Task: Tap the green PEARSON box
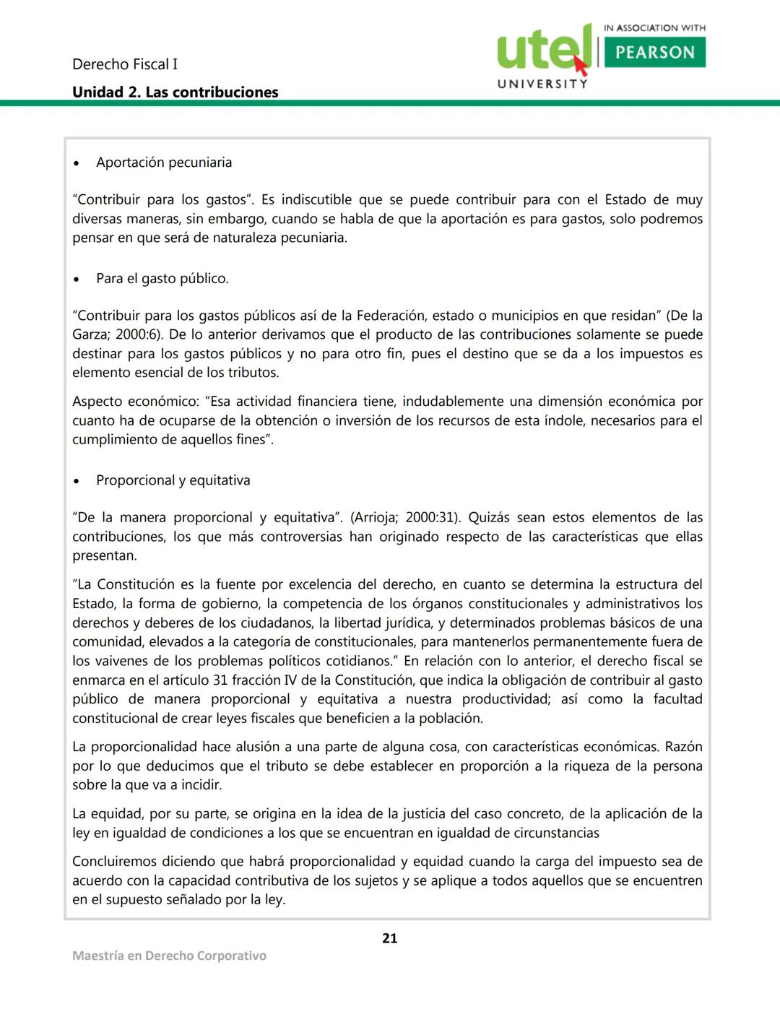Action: pos(654,52)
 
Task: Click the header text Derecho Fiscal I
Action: pos(125,64)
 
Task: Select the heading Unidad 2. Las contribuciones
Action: pos(175,92)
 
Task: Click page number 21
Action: pos(390,938)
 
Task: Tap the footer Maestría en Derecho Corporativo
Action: pos(169,956)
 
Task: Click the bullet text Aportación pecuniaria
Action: pos(164,163)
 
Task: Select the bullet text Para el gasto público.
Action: pos(162,279)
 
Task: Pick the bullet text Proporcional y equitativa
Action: pos(173,480)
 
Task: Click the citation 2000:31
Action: pos(431,518)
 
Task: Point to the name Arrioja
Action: pos(376,518)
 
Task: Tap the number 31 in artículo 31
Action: pos(220,680)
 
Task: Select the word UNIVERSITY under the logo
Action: pos(542,84)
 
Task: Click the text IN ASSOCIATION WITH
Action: pos(654,28)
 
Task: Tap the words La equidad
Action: pos(108,814)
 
